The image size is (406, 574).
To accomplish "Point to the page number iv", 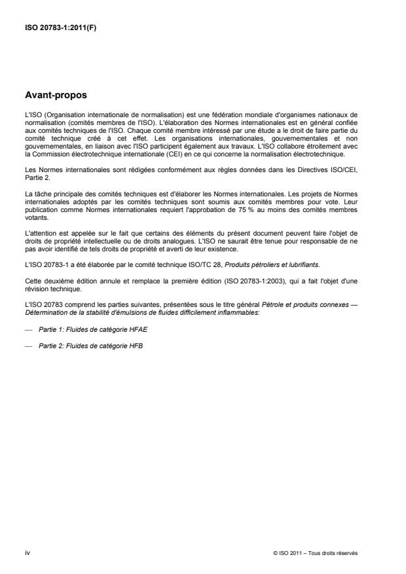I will tap(27, 553).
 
